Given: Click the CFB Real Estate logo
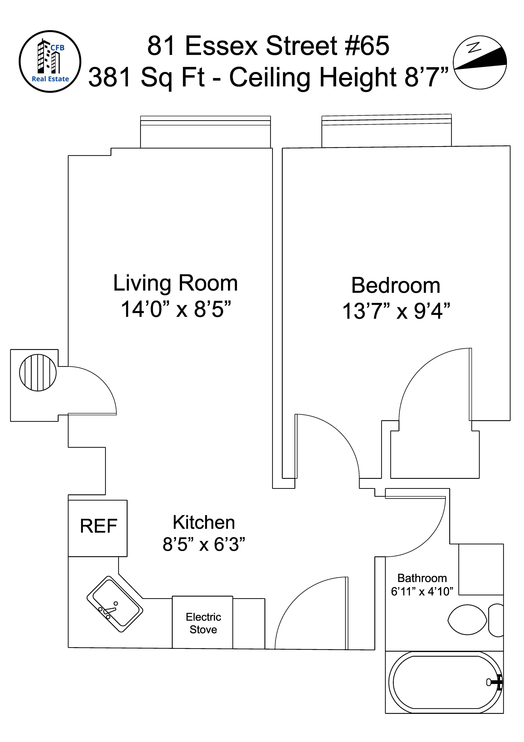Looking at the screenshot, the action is tap(50, 61).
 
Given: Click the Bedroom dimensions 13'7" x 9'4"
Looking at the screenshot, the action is tap(396, 311).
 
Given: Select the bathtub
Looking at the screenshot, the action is tap(445, 683).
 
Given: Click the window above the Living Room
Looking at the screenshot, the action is tap(205, 132).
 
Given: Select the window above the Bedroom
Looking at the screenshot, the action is tap(387, 131).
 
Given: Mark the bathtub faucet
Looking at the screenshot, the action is tap(495, 682).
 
